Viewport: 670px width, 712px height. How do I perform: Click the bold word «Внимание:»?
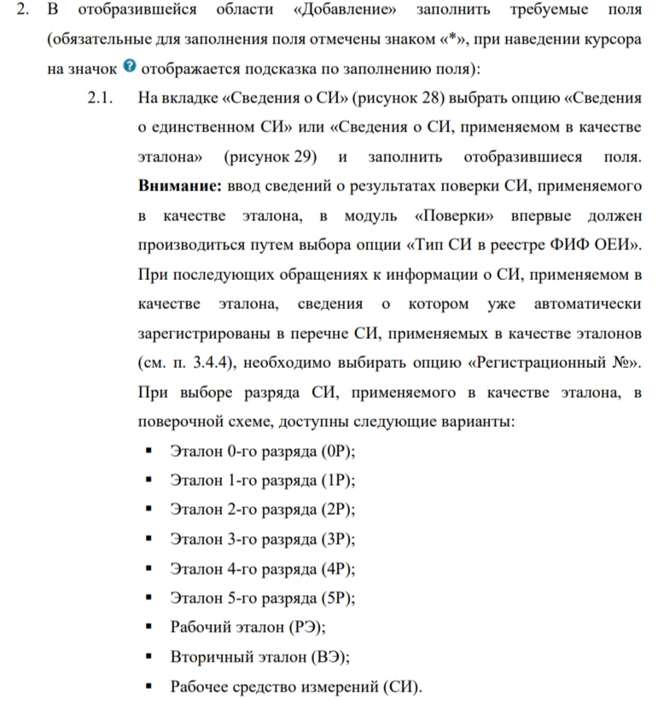click(x=175, y=184)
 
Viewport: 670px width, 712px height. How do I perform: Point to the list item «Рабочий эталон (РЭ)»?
click(x=248, y=628)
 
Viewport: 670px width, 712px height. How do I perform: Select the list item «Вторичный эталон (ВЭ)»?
click(x=260, y=658)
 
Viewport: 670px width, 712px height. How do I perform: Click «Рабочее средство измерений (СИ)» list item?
click(x=295, y=688)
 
